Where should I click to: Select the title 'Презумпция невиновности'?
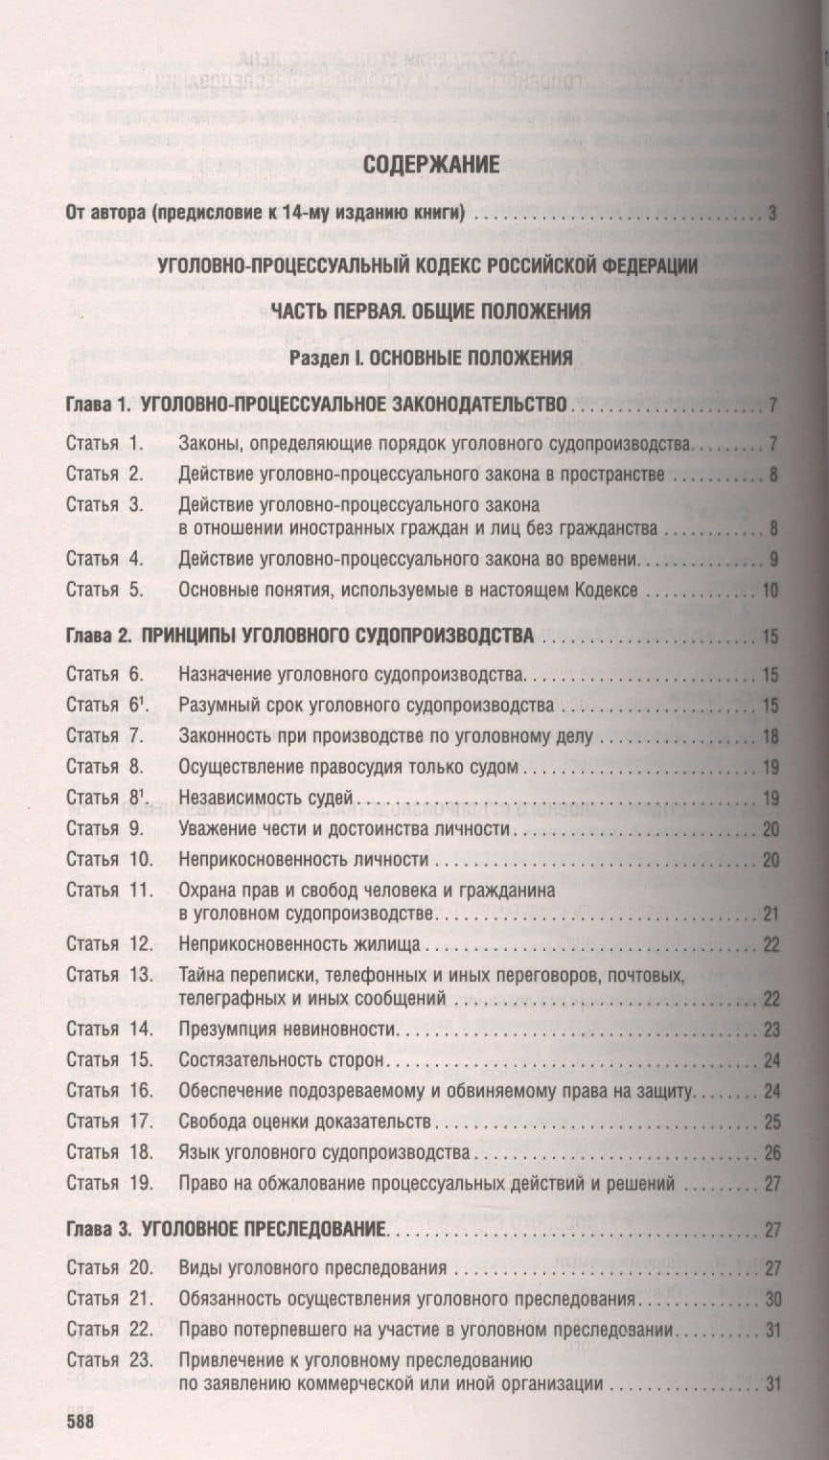point(288,1030)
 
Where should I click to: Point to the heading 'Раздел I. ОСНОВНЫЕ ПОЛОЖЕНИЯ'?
point(431,358)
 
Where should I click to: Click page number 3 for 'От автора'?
point(772,213)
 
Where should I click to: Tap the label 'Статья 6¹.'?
point(106,706)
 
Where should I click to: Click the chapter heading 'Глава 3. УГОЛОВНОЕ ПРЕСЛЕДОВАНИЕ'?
point(226,1229)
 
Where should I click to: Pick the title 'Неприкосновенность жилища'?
point(299,944)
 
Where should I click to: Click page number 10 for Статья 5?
point(770,591)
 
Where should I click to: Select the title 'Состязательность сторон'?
point(281,1060)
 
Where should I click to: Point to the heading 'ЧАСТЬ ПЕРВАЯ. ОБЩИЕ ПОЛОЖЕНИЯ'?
point(429,311)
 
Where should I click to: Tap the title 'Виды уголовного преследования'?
point(312,1268)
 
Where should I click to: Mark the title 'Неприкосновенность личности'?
point(303,859)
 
